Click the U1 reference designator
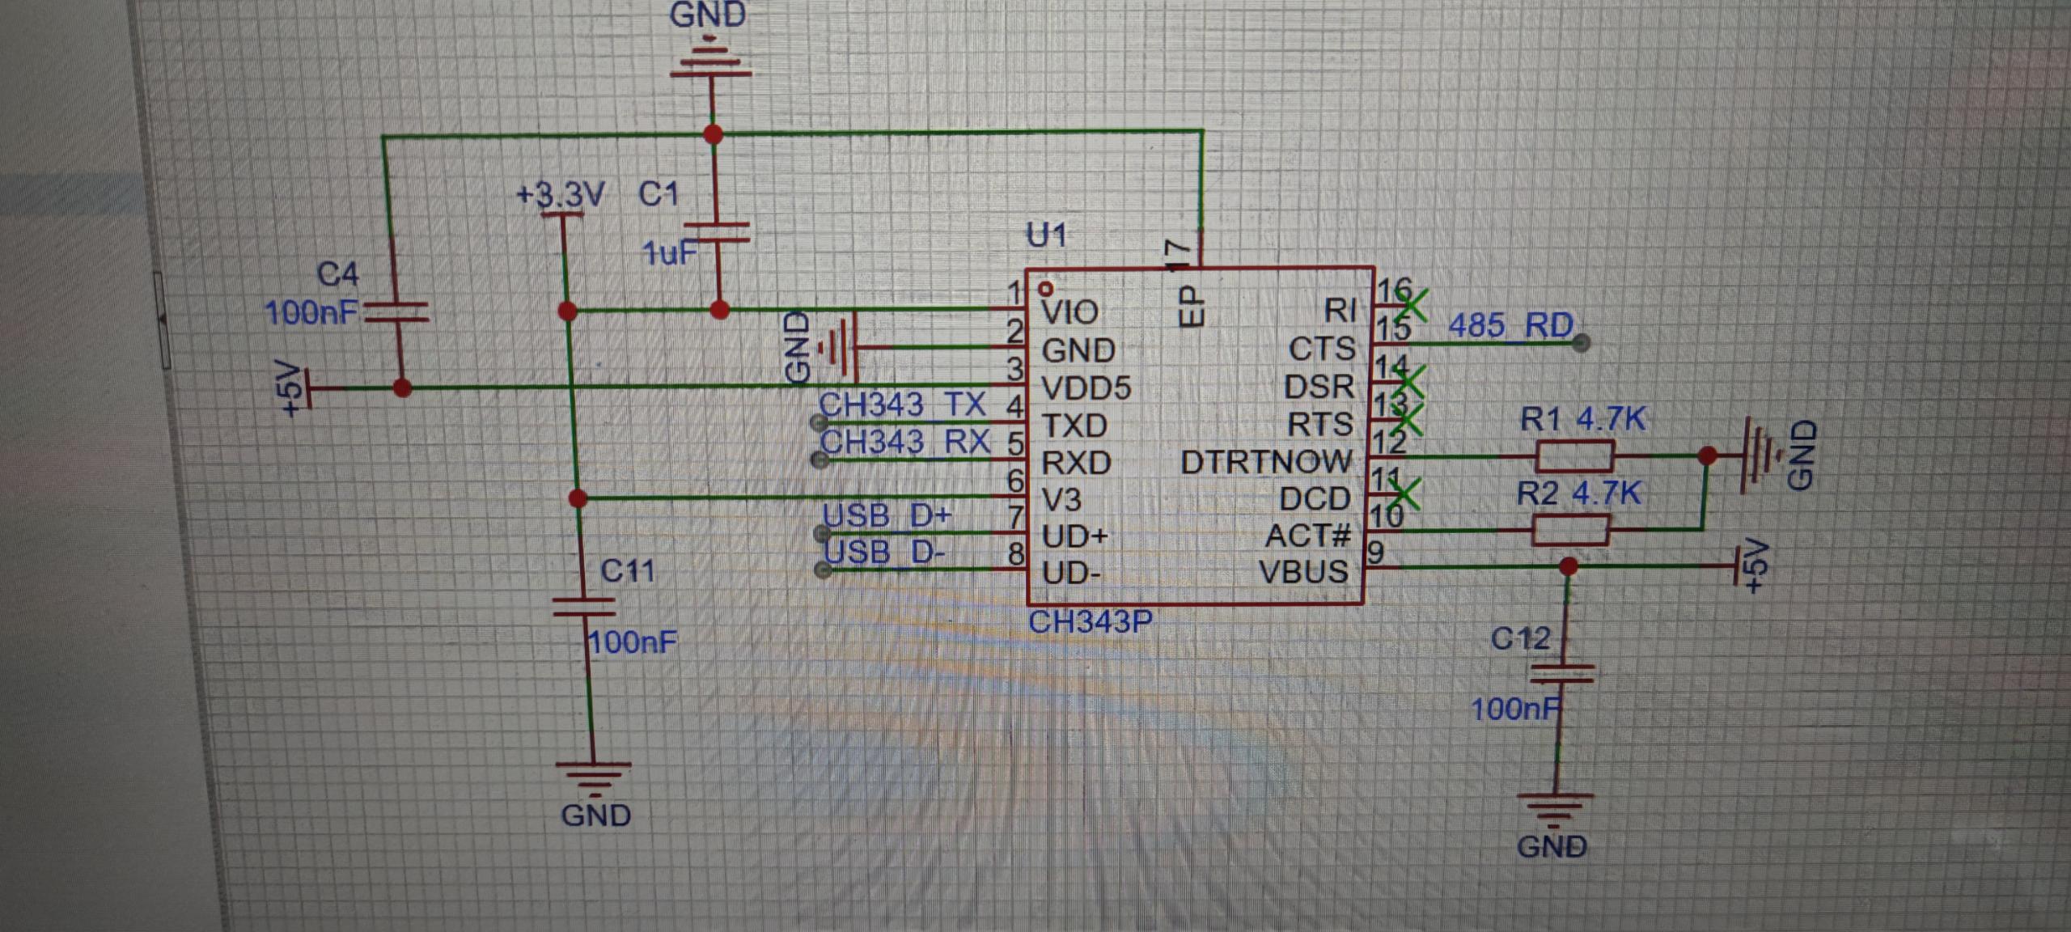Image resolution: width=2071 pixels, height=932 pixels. pyautogui.click(x=1046, y=235)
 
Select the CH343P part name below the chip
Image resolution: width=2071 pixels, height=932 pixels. pyautogui.click(x=1090, y=622)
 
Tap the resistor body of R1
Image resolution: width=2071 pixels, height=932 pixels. pyautogui.click(x=1574, y=456)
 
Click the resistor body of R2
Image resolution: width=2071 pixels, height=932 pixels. pyautogui.click(x=1570, y=530)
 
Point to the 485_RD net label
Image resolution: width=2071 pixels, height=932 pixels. pyautogui.click(x=1510, y=325)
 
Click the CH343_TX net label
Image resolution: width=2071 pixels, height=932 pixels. pyautogui.click(x=902, y=404)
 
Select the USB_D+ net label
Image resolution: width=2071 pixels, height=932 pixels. pyautogui.click(x=887, y=515)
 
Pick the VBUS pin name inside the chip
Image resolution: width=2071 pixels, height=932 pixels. pyautogui.click(x=1303, y=572)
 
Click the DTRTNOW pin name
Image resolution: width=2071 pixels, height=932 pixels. pyautogui.click(x=1266, y=462)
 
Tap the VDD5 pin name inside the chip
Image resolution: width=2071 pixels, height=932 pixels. pyautogui.click(x=1086, y=388)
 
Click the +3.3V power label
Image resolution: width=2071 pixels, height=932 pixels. pyautogui.click(x=561, y=195)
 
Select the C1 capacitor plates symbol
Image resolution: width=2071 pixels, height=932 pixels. pyautogui.click(x=716, y=233)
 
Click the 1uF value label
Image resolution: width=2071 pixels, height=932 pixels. pyautogui.click(x=668, y=253)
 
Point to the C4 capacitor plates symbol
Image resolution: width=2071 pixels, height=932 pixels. pyautogui.click(x=396, y=312)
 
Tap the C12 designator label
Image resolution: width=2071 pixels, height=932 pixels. pyautogui.click(x=1520, y=639)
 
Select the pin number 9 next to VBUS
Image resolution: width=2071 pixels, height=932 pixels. pyautogui.click(x=1374, y=553)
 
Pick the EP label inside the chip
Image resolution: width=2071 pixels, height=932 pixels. pyautogui.click(x=1191, y=305)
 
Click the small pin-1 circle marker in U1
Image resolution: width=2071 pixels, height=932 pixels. pyautogui.click(x=1046, y=288)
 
